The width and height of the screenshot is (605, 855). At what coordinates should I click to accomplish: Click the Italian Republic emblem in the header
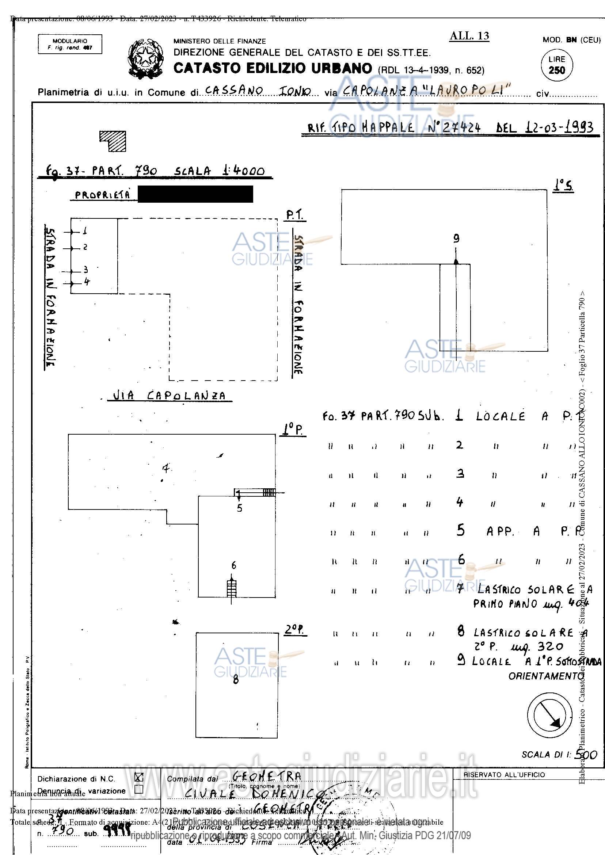point(146,58)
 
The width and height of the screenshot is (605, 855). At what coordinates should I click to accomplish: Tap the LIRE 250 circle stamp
point(556,65)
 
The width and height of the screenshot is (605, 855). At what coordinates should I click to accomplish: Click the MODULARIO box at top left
point(70,44)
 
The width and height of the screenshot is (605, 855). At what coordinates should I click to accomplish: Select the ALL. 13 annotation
point(469,36)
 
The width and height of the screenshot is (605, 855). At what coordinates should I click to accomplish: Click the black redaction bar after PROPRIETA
point(195,194)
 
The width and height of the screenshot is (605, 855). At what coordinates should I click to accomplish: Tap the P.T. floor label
point(295,215)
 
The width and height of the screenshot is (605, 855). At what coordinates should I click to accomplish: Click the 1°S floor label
point(563,185)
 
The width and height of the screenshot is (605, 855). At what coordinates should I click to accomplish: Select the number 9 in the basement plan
point(456,238)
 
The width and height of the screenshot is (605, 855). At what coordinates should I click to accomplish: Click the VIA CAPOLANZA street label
point(170,396)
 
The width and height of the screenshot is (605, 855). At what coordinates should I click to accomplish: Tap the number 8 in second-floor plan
point(236,680)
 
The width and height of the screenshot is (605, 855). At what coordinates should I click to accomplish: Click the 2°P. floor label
point(295,630)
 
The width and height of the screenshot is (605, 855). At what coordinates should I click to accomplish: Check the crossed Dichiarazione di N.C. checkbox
point(139,777)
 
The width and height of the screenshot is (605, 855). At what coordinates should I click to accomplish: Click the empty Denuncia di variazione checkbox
point(139,789)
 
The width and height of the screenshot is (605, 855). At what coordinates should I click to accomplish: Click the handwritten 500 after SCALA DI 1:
point(586,755)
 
